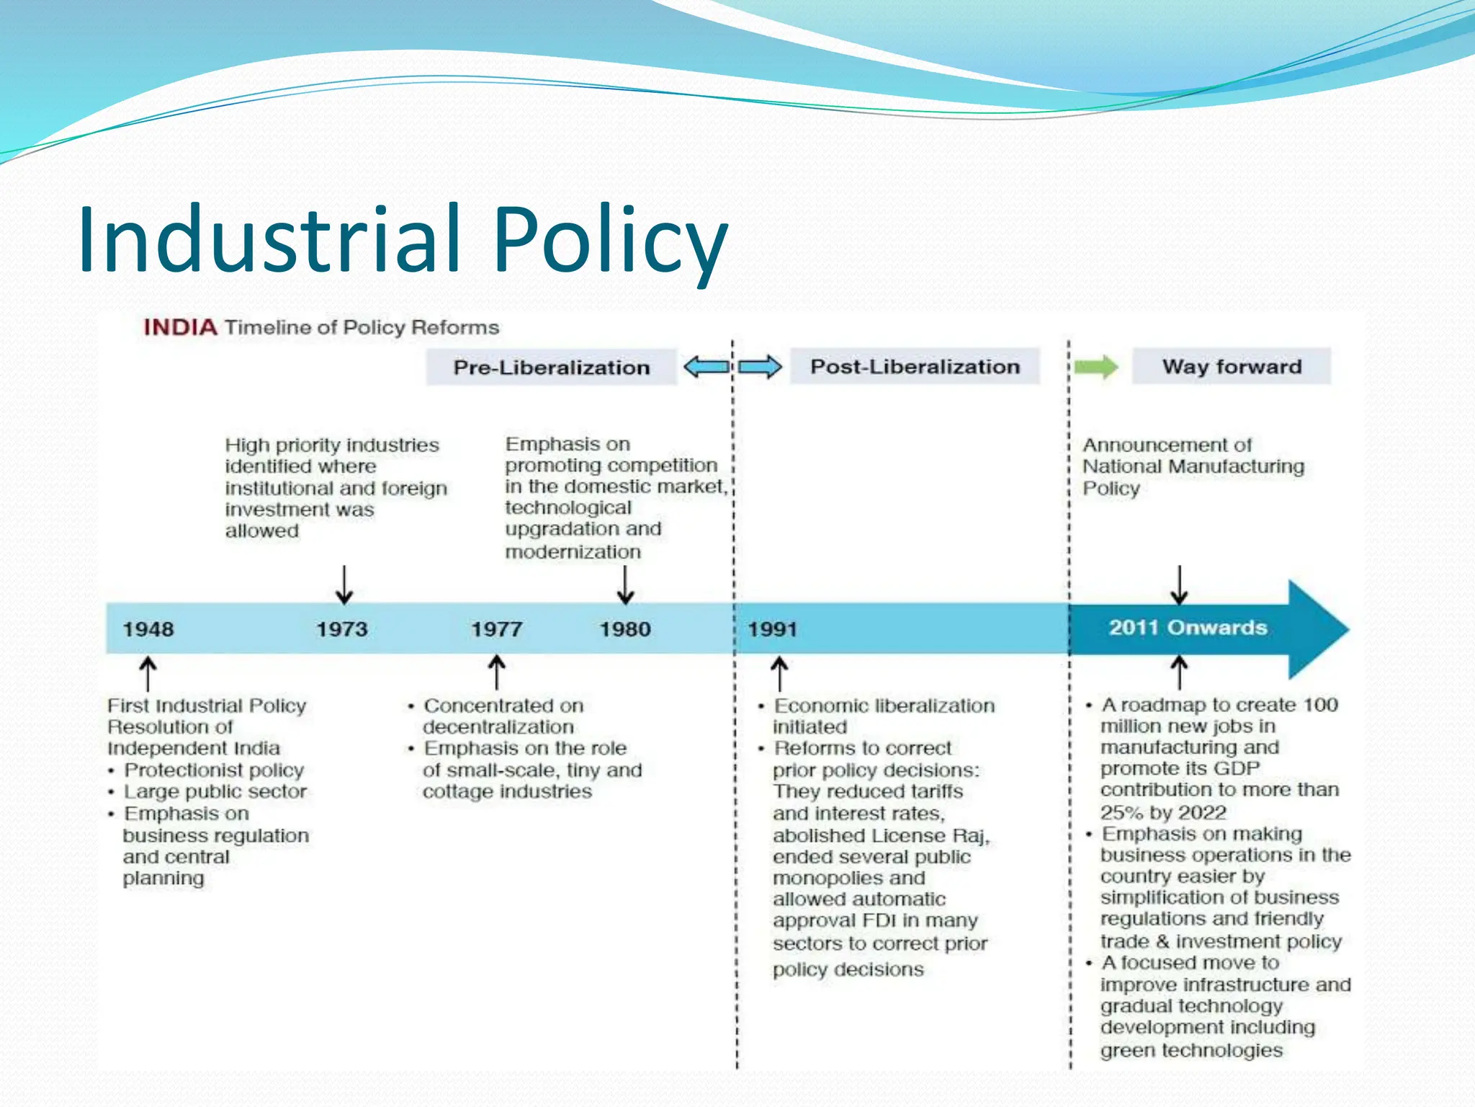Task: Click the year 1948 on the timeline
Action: [148, 629]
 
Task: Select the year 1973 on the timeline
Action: [342, 629]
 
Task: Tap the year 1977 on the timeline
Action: [496, 629]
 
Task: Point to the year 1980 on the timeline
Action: [625, 629]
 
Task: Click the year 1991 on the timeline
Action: [772, 629]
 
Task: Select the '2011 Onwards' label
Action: [1188, 628]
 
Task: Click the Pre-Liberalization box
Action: [551, 368]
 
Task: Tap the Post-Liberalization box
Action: [915, 367]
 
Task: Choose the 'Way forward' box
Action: [1232, 367]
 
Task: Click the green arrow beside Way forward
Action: [1096, 368]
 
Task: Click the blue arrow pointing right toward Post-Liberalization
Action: [760, 367]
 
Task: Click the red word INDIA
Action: [180, 327]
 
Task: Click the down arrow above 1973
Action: [344, 584]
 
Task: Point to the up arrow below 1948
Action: [148, 673]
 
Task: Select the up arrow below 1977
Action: [496, 672]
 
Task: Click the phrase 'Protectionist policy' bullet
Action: [214, 770]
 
